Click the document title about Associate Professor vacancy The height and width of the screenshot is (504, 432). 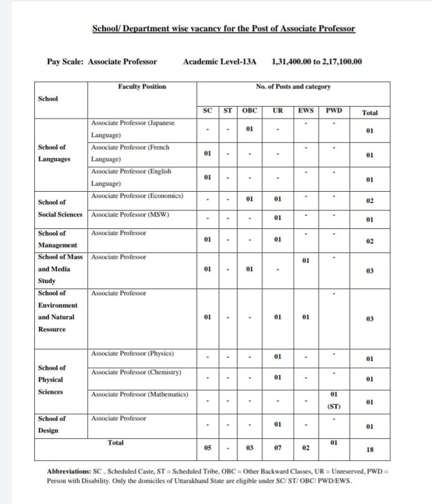223,29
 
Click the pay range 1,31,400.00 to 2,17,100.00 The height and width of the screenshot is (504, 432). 317,62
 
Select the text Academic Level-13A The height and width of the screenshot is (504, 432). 219,62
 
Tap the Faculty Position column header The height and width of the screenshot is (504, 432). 142,87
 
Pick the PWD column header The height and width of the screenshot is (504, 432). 334,111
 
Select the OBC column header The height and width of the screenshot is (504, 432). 249,111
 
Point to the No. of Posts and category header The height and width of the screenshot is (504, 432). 293,87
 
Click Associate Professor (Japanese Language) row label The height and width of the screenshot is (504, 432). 133,129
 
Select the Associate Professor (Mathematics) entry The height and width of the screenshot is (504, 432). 139,394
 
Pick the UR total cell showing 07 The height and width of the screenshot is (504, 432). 277,448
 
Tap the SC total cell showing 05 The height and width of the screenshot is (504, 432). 208,448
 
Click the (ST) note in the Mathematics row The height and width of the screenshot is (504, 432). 334,406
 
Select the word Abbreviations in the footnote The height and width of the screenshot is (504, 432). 68,470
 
